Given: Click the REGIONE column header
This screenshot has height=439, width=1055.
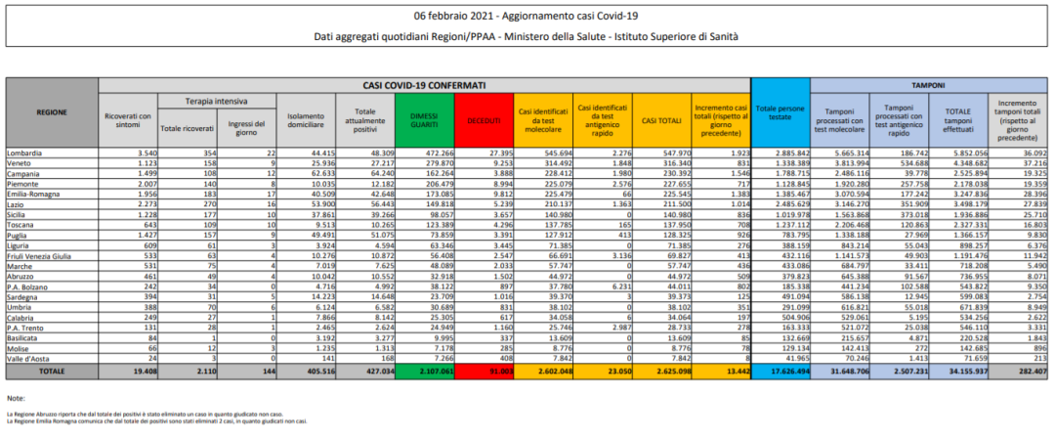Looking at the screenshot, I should pyautogui.click(x=52, y=112).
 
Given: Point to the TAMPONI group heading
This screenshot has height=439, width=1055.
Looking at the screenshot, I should pyautogui.click(x=928, y=85).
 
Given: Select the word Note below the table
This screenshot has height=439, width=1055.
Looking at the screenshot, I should pyautogui.click(x=15, y=399).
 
